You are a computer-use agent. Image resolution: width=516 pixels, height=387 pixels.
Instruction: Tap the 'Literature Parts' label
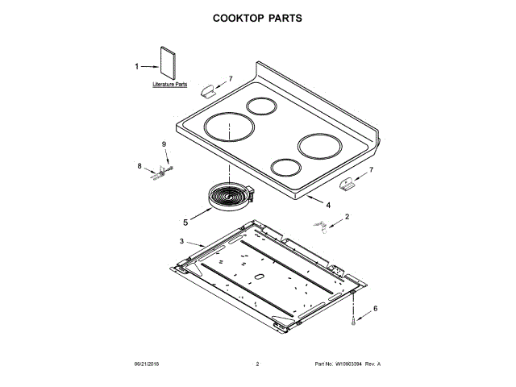[170, 84]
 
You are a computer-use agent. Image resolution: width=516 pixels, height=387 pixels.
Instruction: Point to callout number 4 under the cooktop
[328, 205]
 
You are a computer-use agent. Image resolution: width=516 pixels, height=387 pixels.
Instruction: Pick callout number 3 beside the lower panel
[181, 241]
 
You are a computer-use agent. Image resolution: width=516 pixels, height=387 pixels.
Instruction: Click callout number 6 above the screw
[375, 308]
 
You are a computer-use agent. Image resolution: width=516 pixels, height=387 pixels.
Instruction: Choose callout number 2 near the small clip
[347, 217]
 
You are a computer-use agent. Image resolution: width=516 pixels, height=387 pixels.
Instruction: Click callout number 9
[164, 144]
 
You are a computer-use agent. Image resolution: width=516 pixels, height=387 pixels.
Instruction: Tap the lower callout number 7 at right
[371, 170]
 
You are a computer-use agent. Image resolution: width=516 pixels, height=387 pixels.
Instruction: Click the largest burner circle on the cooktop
[228, 128]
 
